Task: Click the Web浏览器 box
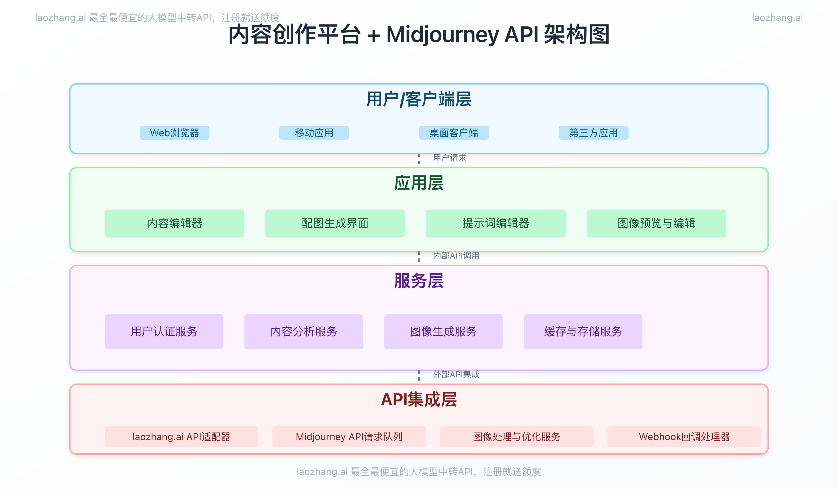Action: (174, 133)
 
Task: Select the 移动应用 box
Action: (314, 133)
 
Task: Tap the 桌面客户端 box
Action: (454, 133)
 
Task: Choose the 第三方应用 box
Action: (593, 133)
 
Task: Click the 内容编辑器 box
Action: (174, 223)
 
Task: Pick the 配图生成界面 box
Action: (335, 223)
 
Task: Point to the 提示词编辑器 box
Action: (496, 223)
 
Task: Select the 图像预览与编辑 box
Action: (656, 223)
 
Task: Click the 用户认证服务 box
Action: (164, 331)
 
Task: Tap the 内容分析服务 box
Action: (304, 331)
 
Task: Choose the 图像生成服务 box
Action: (443, 331)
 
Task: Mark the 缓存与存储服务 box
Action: (583, 331)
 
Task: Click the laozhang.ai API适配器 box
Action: (181, 436)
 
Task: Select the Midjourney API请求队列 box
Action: (349, 436)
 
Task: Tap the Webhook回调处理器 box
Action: (684, 436)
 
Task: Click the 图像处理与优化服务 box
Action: (517, 436)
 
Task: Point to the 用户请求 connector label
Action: (449, 158)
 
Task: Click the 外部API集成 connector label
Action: (456, 374)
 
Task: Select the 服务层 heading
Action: (419, 280)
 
